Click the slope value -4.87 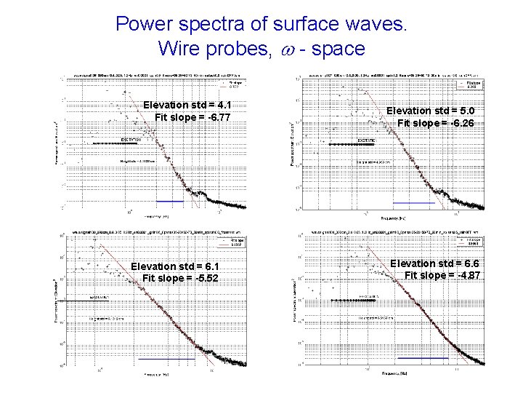pos(463,275)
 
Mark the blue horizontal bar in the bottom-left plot pos(167,360)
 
